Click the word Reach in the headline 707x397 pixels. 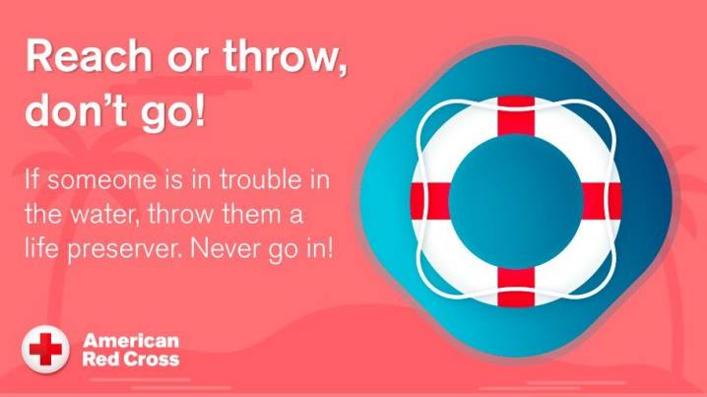pos(89,56)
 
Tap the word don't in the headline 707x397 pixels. pos(75,110)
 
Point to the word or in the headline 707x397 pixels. pos(187,60)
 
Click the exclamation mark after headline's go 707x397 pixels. pos(199,109)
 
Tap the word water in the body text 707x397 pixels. pos(103,215)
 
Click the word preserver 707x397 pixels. pos(125,250)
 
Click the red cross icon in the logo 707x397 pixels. pos(45,349)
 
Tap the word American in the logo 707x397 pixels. pos(131,341)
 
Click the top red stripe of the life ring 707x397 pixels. pos(516,116)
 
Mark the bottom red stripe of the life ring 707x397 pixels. pos(516,287)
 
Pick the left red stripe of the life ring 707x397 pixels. pos(430,201)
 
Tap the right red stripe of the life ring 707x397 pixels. pos(602,201)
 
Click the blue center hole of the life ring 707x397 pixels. pos(516,201)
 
